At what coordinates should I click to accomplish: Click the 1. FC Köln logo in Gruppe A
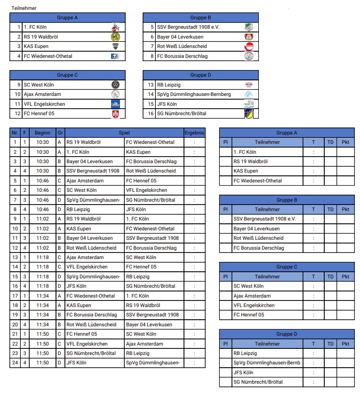[x=115, y=27]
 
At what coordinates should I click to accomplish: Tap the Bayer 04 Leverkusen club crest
[x=248, y=37]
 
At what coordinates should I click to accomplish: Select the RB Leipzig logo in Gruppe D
[x=248, y=85]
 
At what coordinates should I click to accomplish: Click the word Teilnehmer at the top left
[x=24, y=8]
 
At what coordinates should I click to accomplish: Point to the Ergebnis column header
[x=194, y=133]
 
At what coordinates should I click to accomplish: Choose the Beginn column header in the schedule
[x=42, y=133]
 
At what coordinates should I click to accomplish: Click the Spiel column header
[x=124, y=133]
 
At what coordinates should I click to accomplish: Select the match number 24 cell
[x=15, y=362]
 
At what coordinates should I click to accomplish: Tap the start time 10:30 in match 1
[x=42, y=142]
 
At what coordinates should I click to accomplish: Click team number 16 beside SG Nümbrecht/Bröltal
[x=151, y=113]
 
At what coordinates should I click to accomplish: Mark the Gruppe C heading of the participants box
[x=67, y=75]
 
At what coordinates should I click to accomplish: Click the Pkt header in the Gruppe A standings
[x=345, y=142]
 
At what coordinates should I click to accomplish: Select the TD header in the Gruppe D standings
[x=330, y=344]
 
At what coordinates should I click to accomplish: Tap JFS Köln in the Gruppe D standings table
[x=244, y=372]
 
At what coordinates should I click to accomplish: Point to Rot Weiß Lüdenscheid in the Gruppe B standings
[x=258, y=238]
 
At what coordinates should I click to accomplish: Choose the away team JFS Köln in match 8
[x=136, y=209]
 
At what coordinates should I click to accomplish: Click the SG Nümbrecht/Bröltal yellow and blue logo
[x=248, y=113]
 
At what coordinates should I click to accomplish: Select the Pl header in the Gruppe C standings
[x=225, y=276]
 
